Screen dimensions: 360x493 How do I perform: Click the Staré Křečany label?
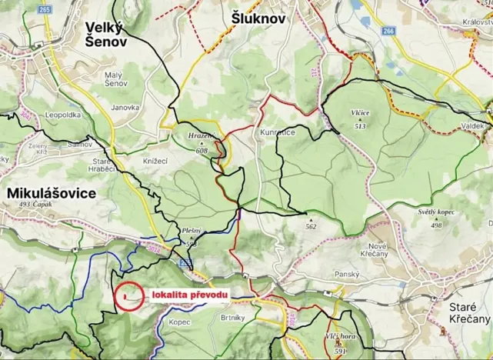(468, 314)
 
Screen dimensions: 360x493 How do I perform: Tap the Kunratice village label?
(278, 134)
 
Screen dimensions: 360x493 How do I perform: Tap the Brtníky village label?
(230, 318)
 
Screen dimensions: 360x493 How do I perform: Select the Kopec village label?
(179, 322)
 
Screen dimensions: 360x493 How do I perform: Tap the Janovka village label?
(124, 108)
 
